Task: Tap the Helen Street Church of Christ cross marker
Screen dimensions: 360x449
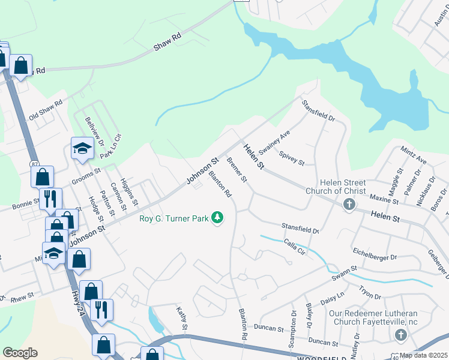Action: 349,205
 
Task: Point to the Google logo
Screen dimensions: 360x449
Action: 20,352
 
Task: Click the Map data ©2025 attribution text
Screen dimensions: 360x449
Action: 423,355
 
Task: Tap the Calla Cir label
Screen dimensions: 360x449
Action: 295,246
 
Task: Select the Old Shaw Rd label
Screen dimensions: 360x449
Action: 46,110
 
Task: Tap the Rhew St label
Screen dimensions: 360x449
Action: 22,296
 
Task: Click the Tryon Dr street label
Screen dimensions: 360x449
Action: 370,292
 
